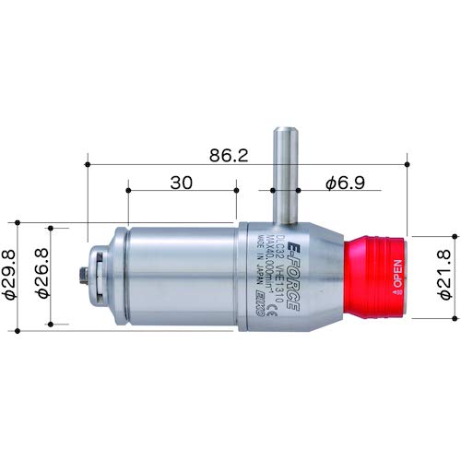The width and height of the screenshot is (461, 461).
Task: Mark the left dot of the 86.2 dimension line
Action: [87, 164]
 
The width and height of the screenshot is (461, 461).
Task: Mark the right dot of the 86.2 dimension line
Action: [408, 164]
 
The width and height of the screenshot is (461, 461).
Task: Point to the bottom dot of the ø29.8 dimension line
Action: [18, 328]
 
